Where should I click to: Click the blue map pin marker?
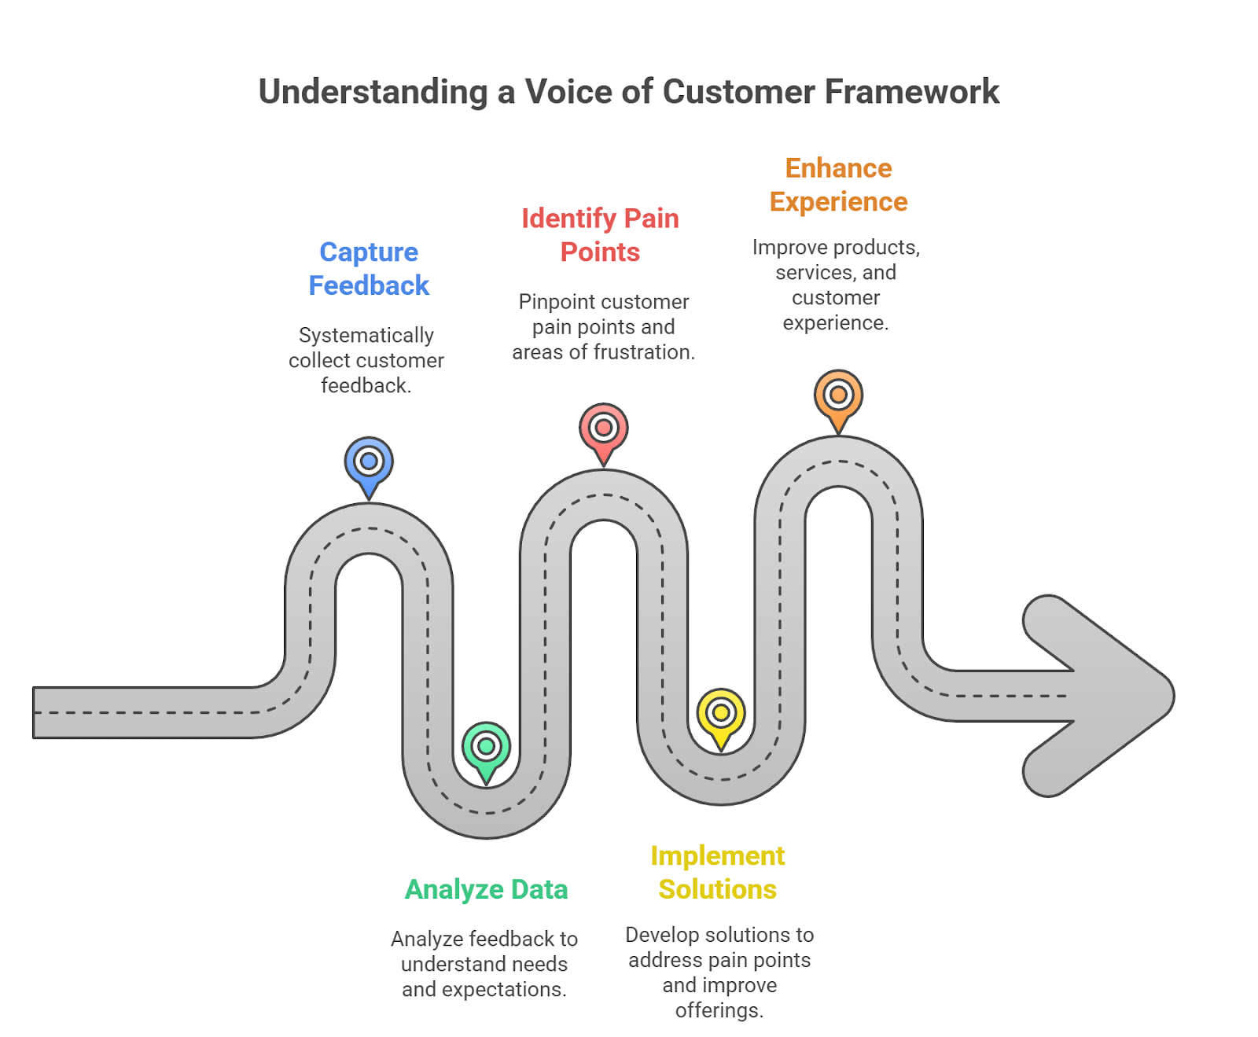pos(369,463)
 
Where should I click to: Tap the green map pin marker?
pos(486,748)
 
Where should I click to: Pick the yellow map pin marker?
pos(720,715)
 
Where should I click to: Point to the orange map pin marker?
pos(838,396)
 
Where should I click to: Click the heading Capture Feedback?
pos(369,268)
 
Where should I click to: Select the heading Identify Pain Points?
pos(600,234)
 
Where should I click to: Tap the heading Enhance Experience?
pos(838,185)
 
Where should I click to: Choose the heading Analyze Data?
pos(486,889)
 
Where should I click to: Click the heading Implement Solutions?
pos(717,872)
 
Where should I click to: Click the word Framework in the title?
pos(911,92)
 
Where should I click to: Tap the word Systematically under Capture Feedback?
pos(366,336)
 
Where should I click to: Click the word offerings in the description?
pos(719,1010)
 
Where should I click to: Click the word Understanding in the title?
pos(373,92)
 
